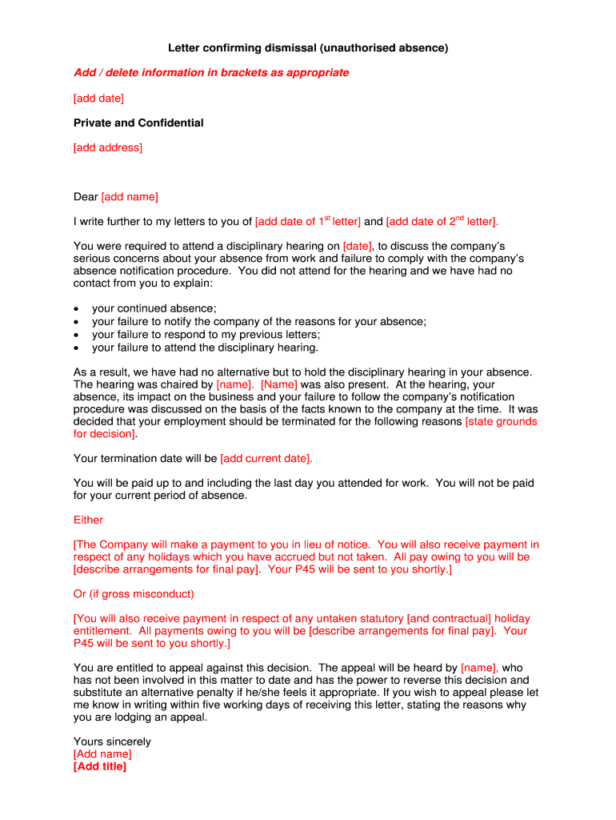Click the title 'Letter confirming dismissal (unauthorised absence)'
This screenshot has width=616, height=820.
pos(308,48)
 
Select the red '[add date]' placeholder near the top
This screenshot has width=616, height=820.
pos(98,98)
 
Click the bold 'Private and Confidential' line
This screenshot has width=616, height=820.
pos(138,123)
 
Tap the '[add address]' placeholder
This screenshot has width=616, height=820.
pos(107,147)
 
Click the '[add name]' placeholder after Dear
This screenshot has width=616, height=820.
pos(130,197)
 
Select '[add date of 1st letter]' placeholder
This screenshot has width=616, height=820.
pos(307,222)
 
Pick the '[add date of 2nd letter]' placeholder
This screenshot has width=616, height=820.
pos(442,222)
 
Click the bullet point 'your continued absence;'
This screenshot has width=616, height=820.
pos(154,308)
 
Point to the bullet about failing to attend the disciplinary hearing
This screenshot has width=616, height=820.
pos(205,348)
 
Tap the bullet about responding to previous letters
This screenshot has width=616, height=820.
pos(206,335)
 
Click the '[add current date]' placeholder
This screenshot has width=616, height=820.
pos(266,459)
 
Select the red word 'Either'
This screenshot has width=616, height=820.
pos(88,520)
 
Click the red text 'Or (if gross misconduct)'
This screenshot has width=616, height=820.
pos(134,594)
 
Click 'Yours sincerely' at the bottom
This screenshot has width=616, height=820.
pos(112,742)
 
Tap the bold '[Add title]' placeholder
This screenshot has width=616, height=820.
pos(100,766)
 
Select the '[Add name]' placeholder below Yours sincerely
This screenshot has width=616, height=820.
pos(102,754)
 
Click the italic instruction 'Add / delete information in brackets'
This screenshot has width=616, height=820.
pos(211,73)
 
